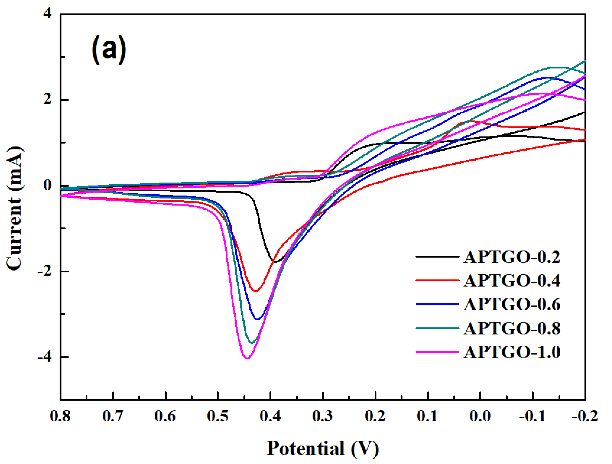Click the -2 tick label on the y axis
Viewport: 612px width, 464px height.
44,271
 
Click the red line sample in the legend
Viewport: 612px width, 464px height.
437,280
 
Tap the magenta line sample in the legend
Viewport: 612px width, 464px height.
437,352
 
